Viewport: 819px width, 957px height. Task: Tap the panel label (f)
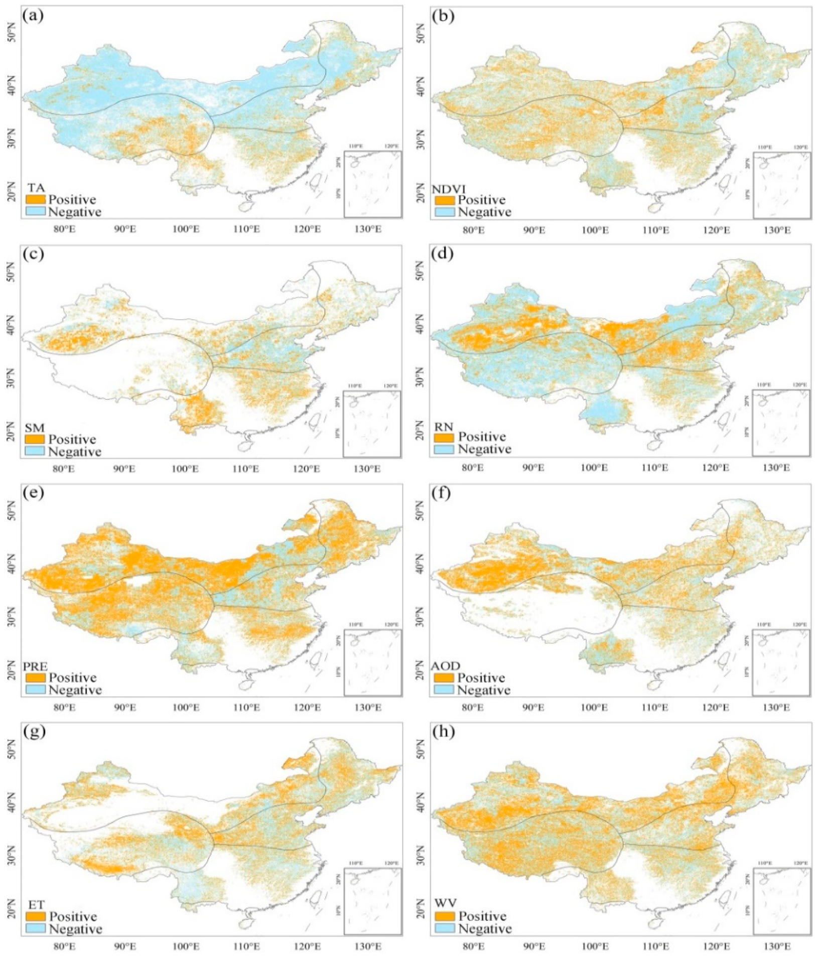[x=442, y=494]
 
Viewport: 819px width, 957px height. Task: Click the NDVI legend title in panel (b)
[x=449, y=189]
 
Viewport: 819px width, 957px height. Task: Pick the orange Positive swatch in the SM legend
[x=35, y=440]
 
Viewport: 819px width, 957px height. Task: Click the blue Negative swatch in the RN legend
[x=444, y=449]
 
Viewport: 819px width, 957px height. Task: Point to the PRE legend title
[x=36, y=667]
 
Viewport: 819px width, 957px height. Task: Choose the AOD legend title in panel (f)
[x=446, y=666]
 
